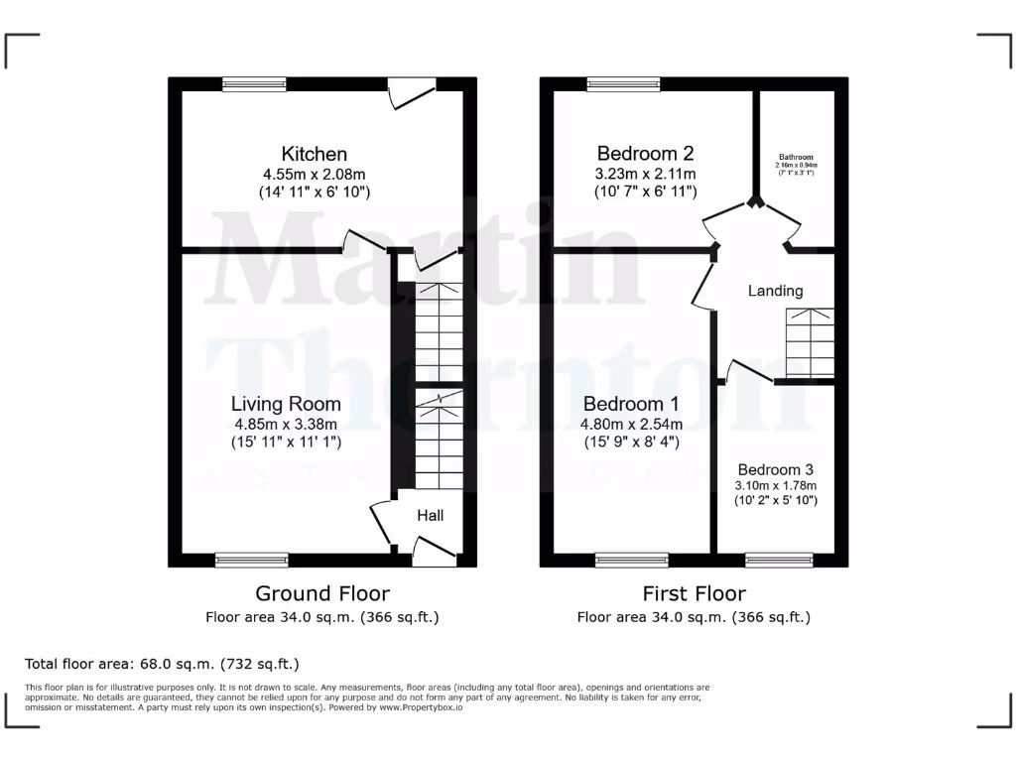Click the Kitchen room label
point(315,154)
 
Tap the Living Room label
point(286,404)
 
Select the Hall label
point(430,516)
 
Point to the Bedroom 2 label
point(645,153)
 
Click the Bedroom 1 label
point(631,404)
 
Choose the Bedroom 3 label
point(775,469)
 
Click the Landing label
point(775,291)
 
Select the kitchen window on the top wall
point(254,84)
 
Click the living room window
point(252,561)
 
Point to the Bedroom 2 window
point(623,84)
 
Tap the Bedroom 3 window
point(779,561)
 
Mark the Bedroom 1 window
point(632,561)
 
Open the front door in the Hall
point(433,552)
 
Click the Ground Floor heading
point(322,593)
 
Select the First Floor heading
point(695,593)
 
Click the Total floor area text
point(162,664)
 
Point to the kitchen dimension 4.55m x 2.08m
point(315,174)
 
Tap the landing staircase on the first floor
point(811,342)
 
